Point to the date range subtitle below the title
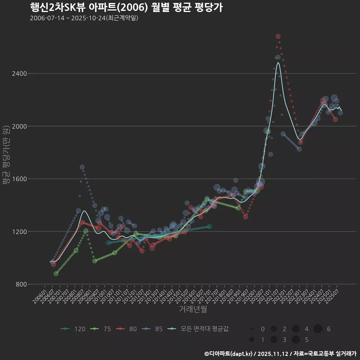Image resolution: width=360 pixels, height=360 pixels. coord(84,18)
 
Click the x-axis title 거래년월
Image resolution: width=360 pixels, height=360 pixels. coord(193,309)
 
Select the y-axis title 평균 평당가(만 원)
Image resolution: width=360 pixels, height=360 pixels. coord(6,155)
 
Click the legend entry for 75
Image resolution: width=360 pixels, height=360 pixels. coord(102,329)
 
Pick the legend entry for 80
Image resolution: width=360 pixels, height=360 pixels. coord(128,329)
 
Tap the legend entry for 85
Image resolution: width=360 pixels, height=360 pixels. coord(154,329)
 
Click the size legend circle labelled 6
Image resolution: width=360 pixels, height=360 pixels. coord(318,329)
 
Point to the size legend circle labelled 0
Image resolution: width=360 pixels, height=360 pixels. coord(252,329)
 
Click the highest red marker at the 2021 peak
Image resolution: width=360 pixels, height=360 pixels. coord(278,36)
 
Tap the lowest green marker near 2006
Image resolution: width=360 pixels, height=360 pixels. coord(56,274)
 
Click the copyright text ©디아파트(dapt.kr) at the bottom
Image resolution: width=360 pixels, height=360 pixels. coord(229,354)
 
